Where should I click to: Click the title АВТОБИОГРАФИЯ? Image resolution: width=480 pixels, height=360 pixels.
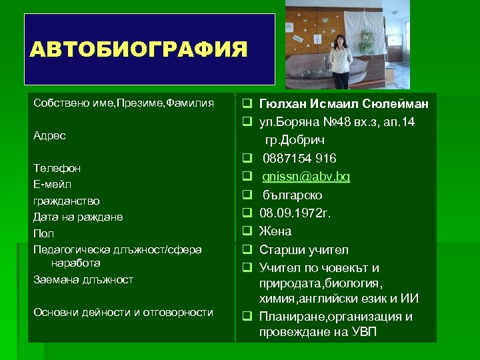(139, 49)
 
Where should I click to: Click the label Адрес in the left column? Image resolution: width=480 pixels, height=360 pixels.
(49, 135)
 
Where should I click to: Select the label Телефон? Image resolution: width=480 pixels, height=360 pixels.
(57, 169)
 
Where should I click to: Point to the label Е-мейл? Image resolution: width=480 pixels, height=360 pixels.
(52, 184)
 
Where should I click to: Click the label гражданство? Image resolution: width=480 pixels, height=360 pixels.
(67, 200)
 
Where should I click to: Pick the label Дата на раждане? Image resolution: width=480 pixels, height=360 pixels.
(78, 217)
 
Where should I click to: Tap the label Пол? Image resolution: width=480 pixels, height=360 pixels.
(43, 233)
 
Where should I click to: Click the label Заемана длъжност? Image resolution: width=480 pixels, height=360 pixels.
(83, 279)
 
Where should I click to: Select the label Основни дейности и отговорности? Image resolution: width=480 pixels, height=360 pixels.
(123, 312)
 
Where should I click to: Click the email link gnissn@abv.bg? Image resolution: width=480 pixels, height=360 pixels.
(306, 177)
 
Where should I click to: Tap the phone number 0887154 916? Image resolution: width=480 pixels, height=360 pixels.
(299, 159)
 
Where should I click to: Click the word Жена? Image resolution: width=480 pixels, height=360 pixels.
(275, 232)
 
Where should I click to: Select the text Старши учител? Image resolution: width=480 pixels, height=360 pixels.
(303, 250)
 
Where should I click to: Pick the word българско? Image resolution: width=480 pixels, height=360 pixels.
(292, 195)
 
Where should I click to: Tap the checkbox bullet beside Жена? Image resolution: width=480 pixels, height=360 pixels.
(246, 232)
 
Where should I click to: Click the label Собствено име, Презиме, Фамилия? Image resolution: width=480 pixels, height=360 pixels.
(123, 103)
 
